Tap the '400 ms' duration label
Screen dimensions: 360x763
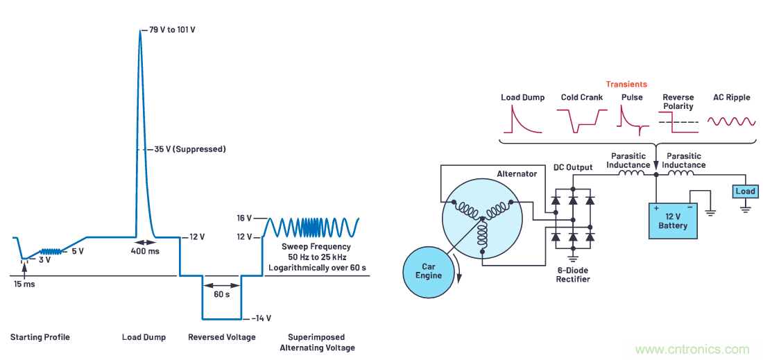pyautogui.click(x=144, y=250)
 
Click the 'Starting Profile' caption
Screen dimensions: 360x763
pyautogui.click(x=40, y=337)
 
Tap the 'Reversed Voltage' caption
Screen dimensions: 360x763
pyautogui.click(x=222, y=337)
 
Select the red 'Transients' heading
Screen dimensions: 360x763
pyautogui.click(x=626, y=84)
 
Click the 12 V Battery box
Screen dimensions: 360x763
pyautogui.click(x=673, y=221)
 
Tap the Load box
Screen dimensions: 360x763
pyautogui.click(x=745, y=191)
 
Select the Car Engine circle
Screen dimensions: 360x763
pyautogui.click(x=429, y=271)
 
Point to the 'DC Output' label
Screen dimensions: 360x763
pyautogui.click(x=572, y=168)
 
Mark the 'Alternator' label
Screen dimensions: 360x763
pyautogui.click(x=517, y=173)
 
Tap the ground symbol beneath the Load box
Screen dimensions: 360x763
pyautogui.click(x=745, y=207)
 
